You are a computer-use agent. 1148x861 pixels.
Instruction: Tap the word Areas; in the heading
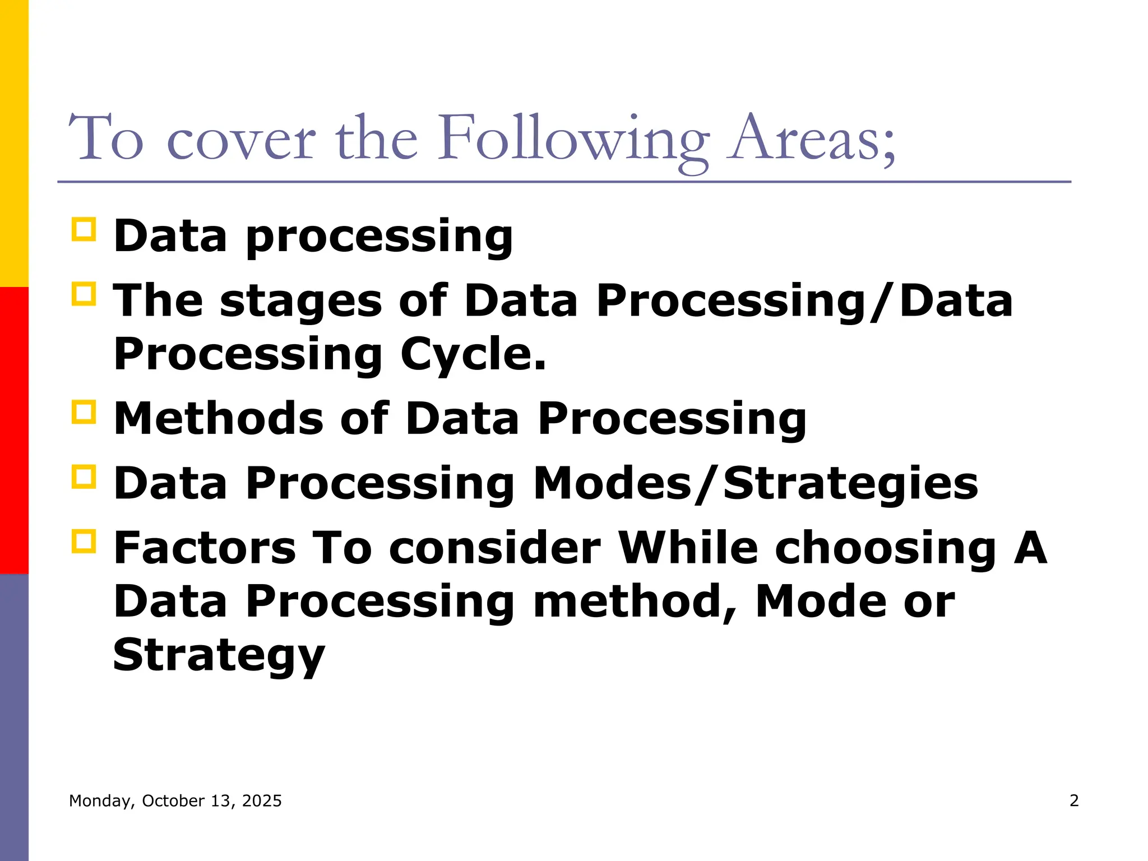tap(811, 139)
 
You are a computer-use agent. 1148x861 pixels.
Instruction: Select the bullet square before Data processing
tap(84, 230)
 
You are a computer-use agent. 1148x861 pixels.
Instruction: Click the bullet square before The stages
tap(84, 294)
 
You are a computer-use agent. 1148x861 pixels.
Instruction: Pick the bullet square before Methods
tap(84, 413)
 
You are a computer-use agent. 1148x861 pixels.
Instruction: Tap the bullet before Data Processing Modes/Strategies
tap(84, 477)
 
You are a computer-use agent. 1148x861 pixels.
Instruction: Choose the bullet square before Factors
tap(84, 541)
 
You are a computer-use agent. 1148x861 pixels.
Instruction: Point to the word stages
tap(301, 301)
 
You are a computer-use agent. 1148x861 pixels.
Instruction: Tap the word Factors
tap(205, 548)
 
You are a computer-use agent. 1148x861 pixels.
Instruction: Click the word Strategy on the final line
tap(219, 655)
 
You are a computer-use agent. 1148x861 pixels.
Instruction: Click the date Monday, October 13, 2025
tap(175, 800)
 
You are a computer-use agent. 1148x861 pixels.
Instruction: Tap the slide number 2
tap(1073, 800)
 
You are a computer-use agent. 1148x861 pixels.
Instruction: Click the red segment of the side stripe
tap(14, 430)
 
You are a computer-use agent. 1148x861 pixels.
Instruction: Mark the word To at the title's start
tap(107, 139)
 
